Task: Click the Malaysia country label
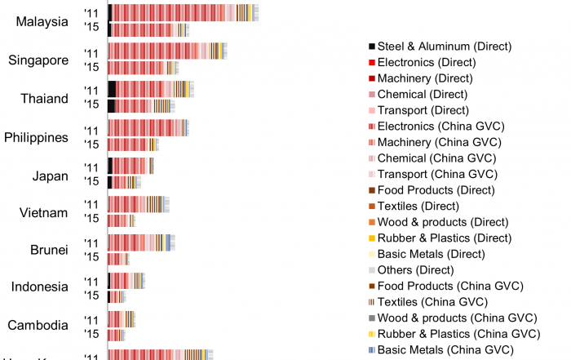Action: point(42,22)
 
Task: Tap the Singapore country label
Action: point(38,60)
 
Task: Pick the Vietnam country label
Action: point(43,213)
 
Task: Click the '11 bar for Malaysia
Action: point(183,12)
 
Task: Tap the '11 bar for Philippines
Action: point(148,127)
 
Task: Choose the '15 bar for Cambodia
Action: point(116,335)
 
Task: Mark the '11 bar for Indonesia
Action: point(126,280)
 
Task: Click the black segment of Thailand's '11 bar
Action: point(112,89)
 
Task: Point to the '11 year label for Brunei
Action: point(91,242)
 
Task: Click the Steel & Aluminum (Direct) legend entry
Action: point(440,47)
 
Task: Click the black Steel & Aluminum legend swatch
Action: point(372,47)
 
